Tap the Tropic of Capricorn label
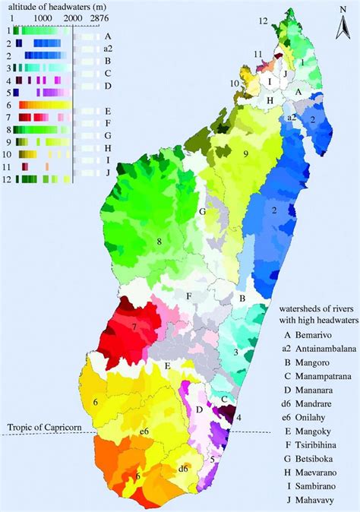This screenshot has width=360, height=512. tap(42, 426)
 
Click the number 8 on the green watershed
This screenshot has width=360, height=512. tap(159, 242)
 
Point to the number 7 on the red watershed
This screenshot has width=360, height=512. tap(134, 327)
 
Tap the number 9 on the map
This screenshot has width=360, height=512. tap(245, 154)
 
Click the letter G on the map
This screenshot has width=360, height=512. tap(203, 212)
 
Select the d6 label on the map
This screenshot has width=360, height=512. tap(182, 468)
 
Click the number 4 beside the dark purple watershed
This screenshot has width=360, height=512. tap(239, 416)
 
